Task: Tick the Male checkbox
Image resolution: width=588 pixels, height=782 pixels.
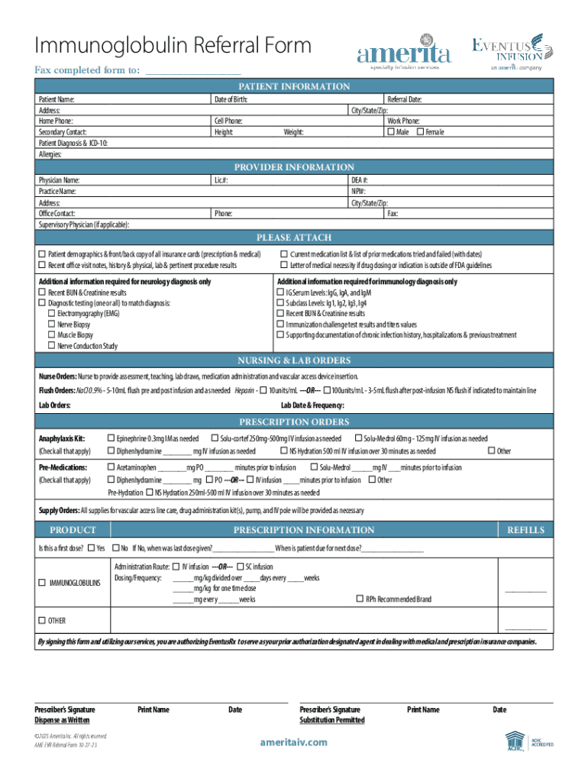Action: click(392, 132)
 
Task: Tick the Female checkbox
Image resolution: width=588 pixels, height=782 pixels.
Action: click(420, 132)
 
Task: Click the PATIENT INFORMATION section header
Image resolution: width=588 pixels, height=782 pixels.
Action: click(294, 87)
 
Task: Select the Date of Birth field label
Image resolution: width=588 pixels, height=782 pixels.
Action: click(231, 99)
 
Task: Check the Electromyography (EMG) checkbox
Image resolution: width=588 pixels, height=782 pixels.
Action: click(52, 314)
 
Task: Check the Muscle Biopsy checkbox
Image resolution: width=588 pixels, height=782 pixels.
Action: click(52, 335)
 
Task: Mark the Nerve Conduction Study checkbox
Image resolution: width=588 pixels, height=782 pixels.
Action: click(52, 346)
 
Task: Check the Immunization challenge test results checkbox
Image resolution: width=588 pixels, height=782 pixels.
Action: click(280, 325)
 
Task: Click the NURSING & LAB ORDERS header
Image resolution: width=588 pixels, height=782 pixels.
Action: click(294, 360)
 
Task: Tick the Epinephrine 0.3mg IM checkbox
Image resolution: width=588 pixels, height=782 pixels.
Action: click(111, 438)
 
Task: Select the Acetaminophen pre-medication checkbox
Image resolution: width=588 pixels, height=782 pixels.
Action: click(111, 467)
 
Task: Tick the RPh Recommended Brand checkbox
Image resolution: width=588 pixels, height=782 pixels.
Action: click(360, 599)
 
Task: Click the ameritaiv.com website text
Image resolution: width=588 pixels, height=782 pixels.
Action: click(293, 742)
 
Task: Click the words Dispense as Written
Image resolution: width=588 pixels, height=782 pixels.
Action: click(62, 720)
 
